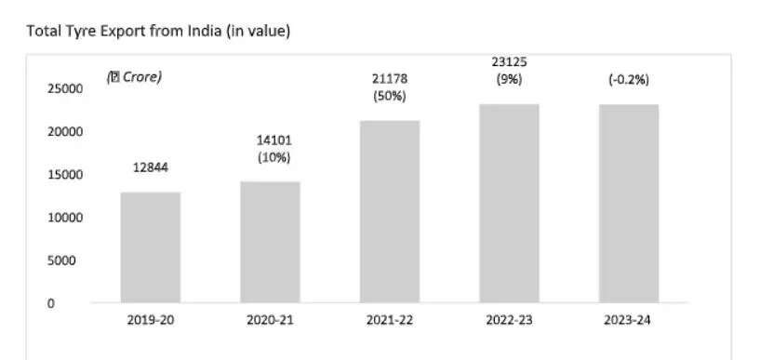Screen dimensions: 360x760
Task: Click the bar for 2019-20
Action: click(x=150, y=247)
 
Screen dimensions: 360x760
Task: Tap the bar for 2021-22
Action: click(x=389, y=211)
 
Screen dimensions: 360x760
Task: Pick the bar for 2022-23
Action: click(x=509, y=203)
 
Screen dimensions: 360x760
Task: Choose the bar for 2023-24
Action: click(x=629, y=203)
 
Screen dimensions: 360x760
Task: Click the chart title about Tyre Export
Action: click(x=159, y=32)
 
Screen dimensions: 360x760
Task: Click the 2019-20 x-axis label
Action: click(x=150, y=321)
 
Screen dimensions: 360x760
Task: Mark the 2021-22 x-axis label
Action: click(x=389, y=321)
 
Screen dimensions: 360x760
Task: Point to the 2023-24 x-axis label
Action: click(x=629, y=321)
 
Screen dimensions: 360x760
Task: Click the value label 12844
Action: click(x=150, y=167)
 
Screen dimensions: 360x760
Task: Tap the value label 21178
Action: click(x=390, y=78)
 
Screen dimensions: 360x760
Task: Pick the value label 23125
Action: click(x=509, y=62)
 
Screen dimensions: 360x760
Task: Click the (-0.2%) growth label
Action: click(x=629, y=80)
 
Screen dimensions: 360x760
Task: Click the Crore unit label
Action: click(x=134, y=77)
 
